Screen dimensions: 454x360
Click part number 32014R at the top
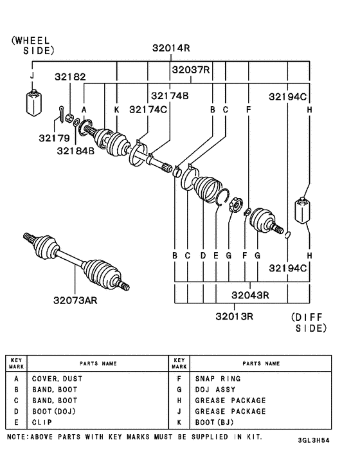pyautogui.click(x=172, y=48)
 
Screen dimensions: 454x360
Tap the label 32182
pyautogui.click(x=70, y=77)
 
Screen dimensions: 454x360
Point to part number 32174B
pyautogui.click(x=170, y=96)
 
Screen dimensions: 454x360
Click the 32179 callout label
pyautogui.click(x=53, y=138)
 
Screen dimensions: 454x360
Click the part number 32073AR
pyautogui.click(x=75, y=299)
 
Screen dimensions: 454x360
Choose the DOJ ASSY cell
pyautogui.click(x=215, y=390)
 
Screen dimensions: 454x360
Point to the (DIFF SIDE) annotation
pyautogui.click(x=309, y=322)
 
